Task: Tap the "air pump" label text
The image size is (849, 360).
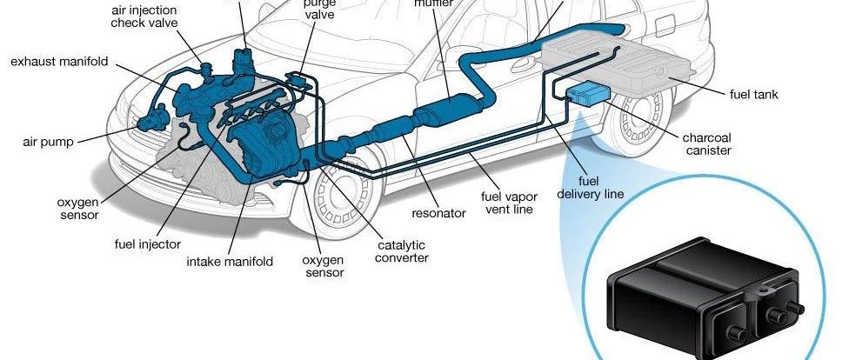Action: pyautogui.click(x=50, y=140)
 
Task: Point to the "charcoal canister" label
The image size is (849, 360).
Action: pyautogui.click(x=707, y=143)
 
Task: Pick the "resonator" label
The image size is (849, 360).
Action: pyautogui.click(x=438, y=212)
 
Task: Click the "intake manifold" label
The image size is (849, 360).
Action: pyautogui.click(x=230, y=261)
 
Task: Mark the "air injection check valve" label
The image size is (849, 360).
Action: pyautogui.click(x=145, y=16)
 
